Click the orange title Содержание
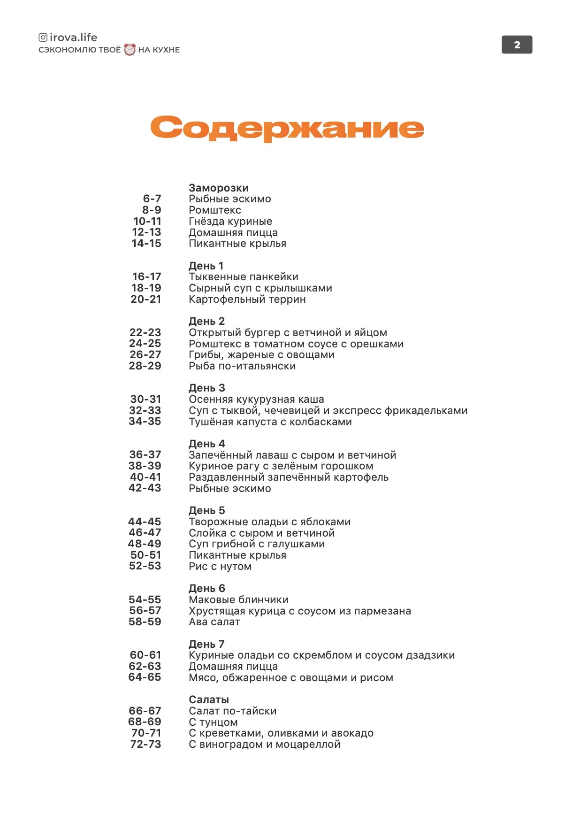pyautogui.click(x=287, y=128)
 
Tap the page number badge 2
pyautogui.click(x=517, y=45)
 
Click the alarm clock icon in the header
pyautogui.click(x=130, y=50)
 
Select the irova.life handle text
pyautogui.click(x=73, y=38)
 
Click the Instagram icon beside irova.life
pyautogui.click(x=43, y=38)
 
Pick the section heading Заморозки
pyautogui.click(x=219, y=188)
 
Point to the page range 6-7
pyautogui.click(x=152, y=199)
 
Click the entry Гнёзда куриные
pyautogui.click(x=230, y=221)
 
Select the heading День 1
pyautogui.click(x=206, y=266)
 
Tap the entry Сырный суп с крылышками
pyautogui.click(x=260, y=288)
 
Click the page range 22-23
pyautogui.click(x=145, y=332)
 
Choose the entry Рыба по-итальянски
pyautogui.click(x=242, y=366)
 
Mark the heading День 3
pyautogui.click(x=207, y=388)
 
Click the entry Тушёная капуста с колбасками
pyautogui.click(x=270, y=422)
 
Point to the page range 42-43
pyautogui.click(x=145, y=488)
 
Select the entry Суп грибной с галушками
pyautogui.click(x=257, y=544)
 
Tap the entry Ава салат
pyautogui.click(x=214, y=622)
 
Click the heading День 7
pyautogui.click(x=206, y=644)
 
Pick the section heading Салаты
pyautogui.click(x=209, y=699)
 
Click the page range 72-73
pyautogui.click(x=145, y=744)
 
